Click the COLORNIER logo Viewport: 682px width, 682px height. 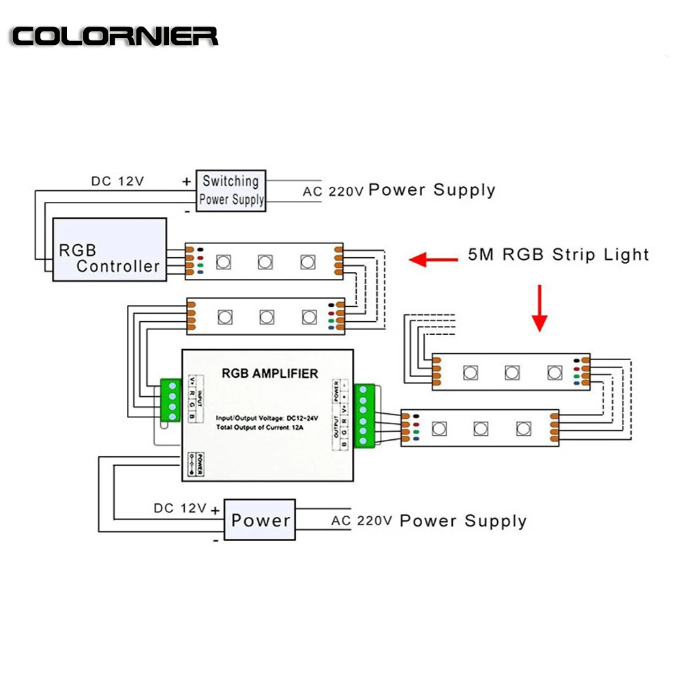(115, 36)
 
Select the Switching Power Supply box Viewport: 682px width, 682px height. (231, 190)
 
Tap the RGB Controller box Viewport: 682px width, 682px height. (110, 250)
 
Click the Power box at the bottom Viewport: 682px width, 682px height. (261, 520)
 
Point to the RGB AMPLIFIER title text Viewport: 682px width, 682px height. (269, 374)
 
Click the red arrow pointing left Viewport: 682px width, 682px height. (434, 259)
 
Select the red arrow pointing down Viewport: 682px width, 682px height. (539, 308)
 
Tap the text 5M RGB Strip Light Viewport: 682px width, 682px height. (558, 255)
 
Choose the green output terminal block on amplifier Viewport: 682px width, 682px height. (362, 416)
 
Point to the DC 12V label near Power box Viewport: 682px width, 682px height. (180, 508)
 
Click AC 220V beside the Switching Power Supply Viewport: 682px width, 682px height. (333, 192)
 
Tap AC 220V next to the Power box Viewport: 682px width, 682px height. (361, 521)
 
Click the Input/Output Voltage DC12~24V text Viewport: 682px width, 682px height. (267, 417)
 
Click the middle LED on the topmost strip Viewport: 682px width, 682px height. (265, 262)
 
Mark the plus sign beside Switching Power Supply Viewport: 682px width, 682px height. (186, 181)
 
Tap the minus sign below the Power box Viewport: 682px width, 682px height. (216, 539)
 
